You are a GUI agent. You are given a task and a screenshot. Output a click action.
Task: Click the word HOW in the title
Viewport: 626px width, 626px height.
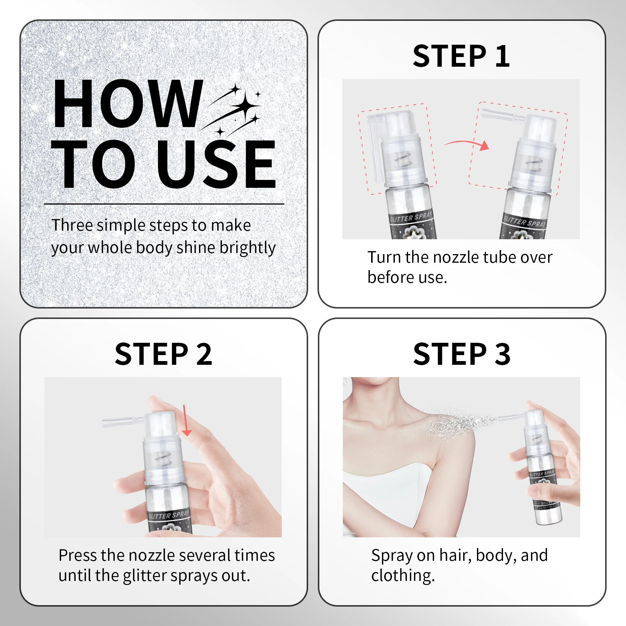pos(128,104)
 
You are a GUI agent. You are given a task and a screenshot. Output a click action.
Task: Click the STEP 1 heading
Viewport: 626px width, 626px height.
pos(461,56)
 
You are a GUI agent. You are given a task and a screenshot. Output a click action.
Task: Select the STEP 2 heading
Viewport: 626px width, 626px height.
pos(163,354)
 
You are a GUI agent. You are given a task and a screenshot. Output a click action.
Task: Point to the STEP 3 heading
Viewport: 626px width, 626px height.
pos(462,354)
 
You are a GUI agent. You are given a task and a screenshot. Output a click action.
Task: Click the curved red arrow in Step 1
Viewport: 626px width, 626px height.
pos(466,142)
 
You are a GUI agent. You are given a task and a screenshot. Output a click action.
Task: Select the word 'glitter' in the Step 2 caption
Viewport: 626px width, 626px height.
pos(144,576)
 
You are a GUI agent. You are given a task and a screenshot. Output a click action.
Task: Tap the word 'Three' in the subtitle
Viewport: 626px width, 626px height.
pos(72,225)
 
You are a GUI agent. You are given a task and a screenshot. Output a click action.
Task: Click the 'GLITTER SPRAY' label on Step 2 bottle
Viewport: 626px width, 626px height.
pos(169,515)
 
